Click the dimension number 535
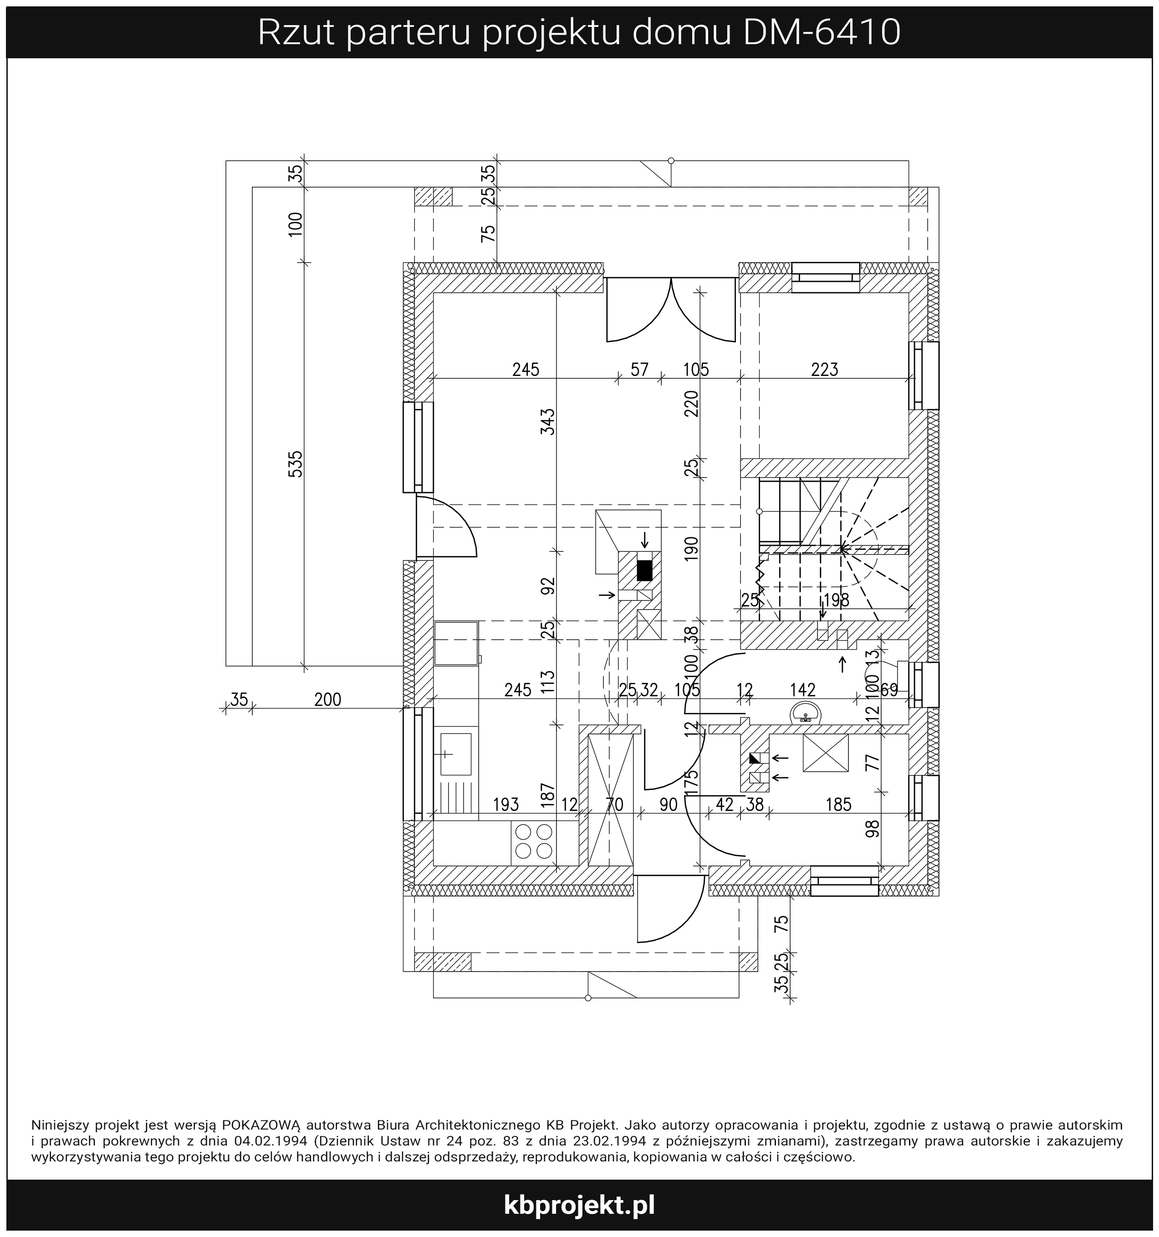coord(296,463)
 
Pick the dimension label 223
coord(825,370)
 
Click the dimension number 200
coord(327,700)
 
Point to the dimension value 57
coord(639,370)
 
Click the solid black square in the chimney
coord(644,570)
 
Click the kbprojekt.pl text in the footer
coord(579,1205)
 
